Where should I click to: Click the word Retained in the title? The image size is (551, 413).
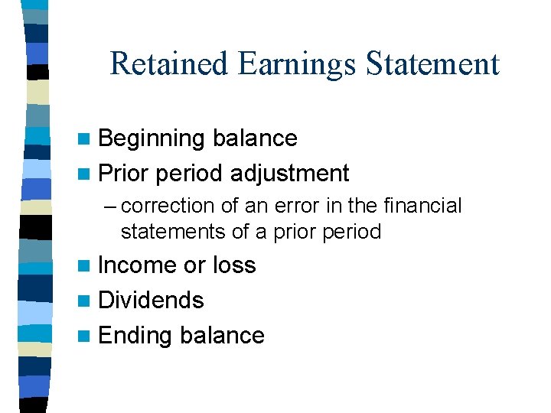(x=169, y=63)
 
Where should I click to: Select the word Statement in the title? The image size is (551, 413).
(x=432, y=63)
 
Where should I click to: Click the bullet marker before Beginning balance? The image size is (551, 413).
(x=86, y=139)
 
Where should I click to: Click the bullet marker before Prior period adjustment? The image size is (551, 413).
(x=86, y=174)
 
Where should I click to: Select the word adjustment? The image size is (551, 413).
(x=289, y=174)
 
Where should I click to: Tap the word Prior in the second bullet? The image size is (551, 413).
(x=123, y=174)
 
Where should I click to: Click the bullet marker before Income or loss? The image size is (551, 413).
(x=86, y=266)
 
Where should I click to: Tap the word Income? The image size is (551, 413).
(x=138, y=265)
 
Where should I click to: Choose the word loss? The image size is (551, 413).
(x=234, y=265)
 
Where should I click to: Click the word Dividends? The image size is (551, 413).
(x=152, y=301)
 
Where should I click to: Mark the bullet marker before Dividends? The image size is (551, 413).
(x=86, y=301)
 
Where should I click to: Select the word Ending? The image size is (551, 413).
(x=135, y=336)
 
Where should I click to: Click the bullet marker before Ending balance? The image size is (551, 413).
(x=86, y=337)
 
